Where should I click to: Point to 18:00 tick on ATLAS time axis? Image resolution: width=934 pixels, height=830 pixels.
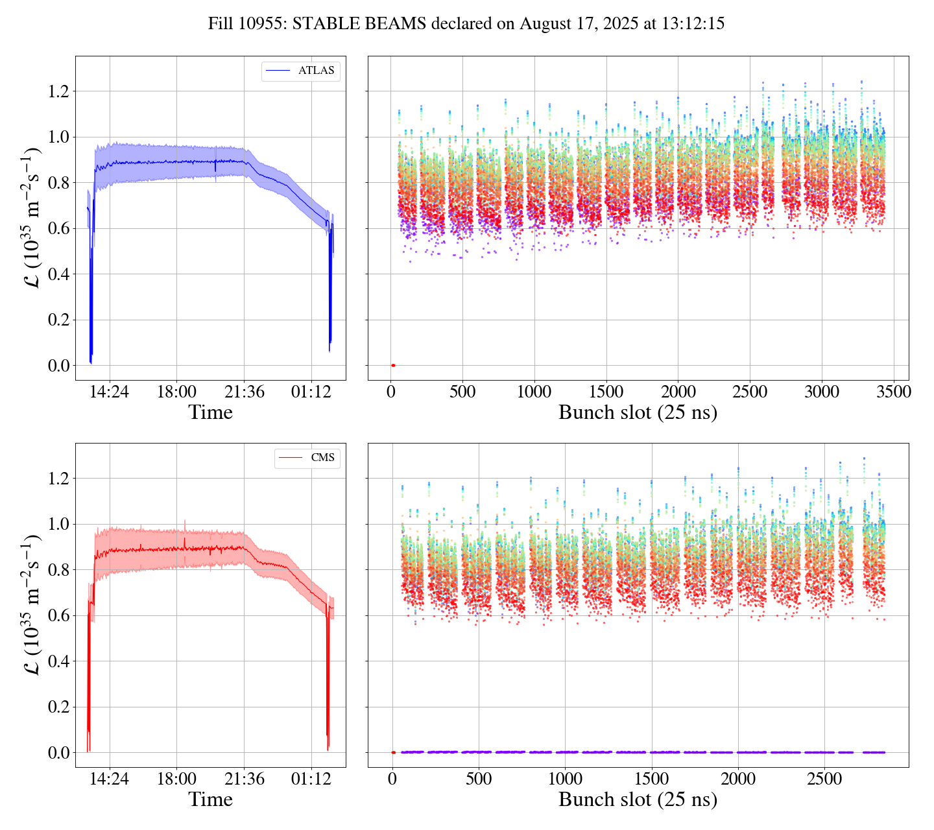pyautogui.click(x=176, y=392)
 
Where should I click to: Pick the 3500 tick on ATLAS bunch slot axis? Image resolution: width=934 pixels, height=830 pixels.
pyautogui.click(x=894, y=392)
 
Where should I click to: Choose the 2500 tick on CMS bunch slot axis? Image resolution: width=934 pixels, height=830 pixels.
pyautogui.click(x=824, y=779)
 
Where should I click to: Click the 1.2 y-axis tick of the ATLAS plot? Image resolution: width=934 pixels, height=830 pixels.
pyautogui.click(x=59, y=91)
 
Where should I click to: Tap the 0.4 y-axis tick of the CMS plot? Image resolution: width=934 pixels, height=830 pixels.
pyautogui.click(x=59, y=661)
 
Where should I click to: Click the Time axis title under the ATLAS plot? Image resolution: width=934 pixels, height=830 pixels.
pyautogui.click(x=210, y=412)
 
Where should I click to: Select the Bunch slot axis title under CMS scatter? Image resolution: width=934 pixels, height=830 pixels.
pyautogui.click(x=638, y=800)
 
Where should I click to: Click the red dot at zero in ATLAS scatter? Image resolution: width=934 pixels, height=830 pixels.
pyautogui.click(x=393, y=365)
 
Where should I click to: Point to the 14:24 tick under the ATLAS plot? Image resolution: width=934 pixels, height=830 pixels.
pyautogui.click(x=110, y=392)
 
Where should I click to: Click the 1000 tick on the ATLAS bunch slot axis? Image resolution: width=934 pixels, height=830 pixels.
pyautogui.click(x=534, y=392)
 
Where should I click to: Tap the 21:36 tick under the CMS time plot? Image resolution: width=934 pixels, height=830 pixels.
pyautogui.click(x=244, y=779)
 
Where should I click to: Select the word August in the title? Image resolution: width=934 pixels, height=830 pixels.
pyautogui.click(x=544, y=24)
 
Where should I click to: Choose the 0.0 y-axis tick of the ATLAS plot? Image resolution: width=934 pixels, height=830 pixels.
pyautogui.click(x=59, y=366)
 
